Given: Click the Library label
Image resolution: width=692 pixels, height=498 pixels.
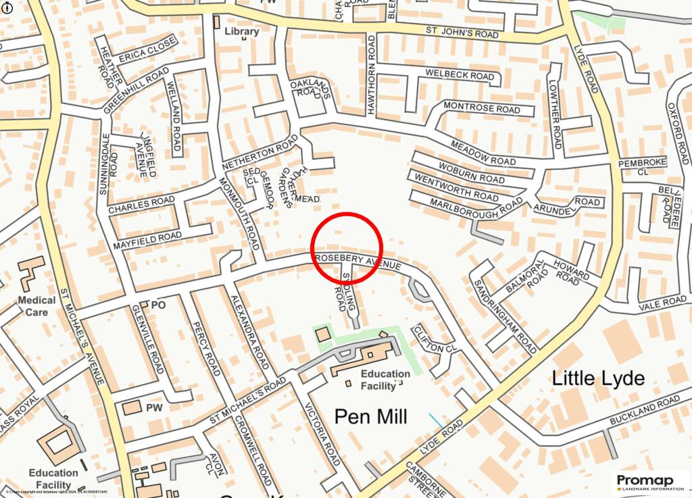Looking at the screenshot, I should coord(241,31).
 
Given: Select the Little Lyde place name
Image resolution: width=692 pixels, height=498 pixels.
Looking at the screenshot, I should coord(598,378).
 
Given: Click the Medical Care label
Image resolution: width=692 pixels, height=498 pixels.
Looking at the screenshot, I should coord(36,306).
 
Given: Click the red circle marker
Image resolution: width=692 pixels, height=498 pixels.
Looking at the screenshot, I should coord(347,247).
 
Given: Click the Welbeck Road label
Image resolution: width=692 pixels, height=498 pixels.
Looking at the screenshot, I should coord(460,75).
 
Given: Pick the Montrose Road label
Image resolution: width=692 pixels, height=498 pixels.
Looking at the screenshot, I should coord(482,108).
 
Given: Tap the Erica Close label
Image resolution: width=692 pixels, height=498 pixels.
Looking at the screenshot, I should coord(148,49).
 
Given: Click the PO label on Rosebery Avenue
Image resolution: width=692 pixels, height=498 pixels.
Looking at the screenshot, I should coord(158,305).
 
